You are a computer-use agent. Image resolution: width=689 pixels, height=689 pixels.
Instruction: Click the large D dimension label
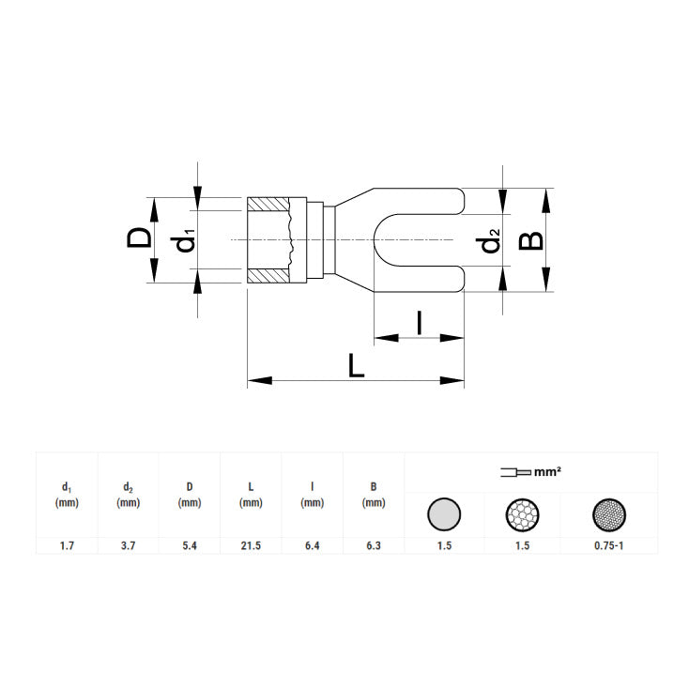click(139, 237)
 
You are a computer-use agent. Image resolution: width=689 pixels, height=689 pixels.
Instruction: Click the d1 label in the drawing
click(183, 240)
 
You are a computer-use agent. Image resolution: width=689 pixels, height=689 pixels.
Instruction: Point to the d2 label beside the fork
click(488, 240)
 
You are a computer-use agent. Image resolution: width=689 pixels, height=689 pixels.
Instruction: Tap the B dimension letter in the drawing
click(530, 241)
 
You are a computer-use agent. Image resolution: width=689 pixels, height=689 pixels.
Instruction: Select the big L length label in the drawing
click(356, 366)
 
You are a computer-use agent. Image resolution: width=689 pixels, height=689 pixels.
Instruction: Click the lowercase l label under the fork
click(420, 323)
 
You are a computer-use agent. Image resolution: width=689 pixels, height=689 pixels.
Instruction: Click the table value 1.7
click(67, 545)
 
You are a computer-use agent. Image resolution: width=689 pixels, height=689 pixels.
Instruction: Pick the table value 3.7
click(128, 545)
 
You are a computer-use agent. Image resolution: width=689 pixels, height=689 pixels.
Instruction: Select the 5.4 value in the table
click(190, 545)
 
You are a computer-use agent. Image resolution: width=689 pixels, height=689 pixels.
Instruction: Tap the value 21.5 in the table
click(251, 545)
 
